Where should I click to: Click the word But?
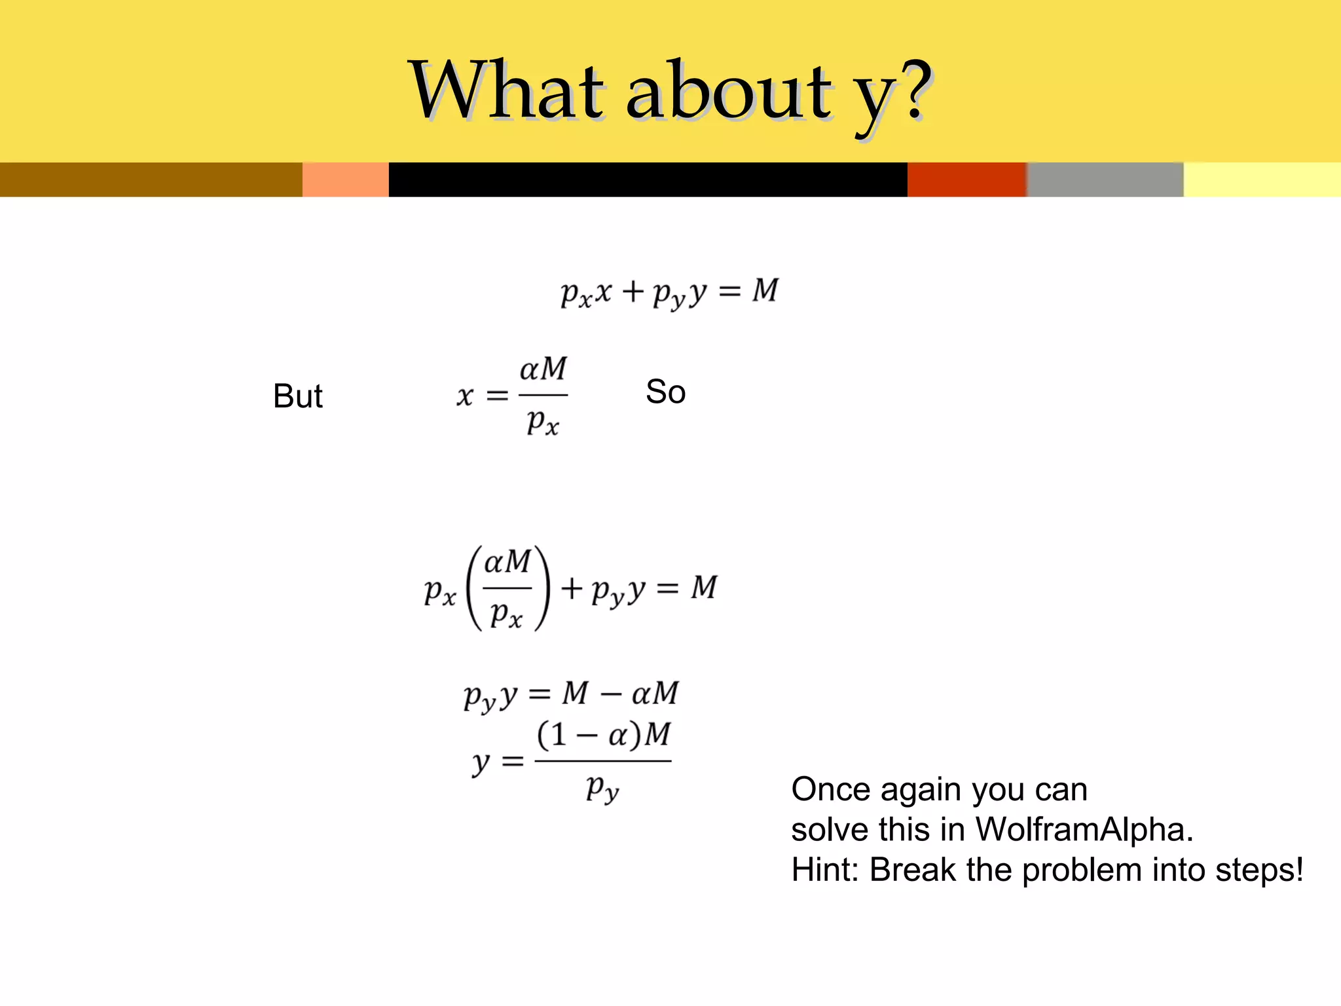coord(297,396)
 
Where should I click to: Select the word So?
coord(665,392)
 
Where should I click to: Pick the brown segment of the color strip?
coord(151,179)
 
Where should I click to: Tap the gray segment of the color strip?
coord(1105,179)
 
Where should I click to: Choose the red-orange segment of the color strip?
coord(966,179)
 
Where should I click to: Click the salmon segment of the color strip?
coord(345,179)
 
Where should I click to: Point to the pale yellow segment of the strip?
coord(1262,179)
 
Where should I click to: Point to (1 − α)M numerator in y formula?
coord(603,734)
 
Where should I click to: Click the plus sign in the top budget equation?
coord(633,291)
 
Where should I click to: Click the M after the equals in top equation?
coord(765,290)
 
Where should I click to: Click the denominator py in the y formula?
coord(602,788)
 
